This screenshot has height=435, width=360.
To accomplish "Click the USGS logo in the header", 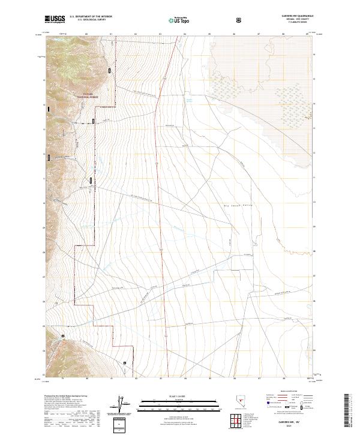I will click(54, 19).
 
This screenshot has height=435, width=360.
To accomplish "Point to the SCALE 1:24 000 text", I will click(170, 395).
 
